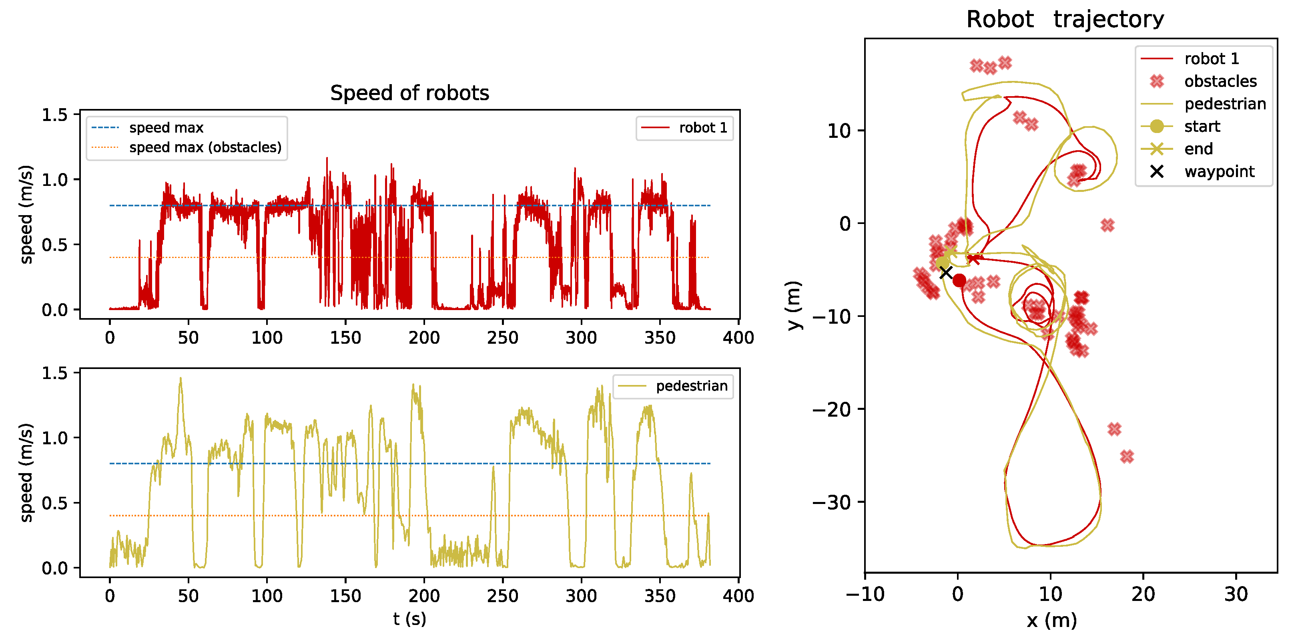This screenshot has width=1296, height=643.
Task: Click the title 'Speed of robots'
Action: point(409,93)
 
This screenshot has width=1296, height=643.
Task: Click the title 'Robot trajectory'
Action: point(1065,20)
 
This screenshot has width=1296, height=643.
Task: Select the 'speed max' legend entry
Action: point(166,128)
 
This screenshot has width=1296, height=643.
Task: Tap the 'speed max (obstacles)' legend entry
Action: point(205,147)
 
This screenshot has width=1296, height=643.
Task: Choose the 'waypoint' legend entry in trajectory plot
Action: point(1219,172)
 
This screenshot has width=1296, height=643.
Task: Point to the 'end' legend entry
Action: point(1198,149)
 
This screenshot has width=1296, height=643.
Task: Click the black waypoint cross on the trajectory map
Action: point(946,272)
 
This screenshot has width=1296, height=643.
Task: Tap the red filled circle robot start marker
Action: point(959,280)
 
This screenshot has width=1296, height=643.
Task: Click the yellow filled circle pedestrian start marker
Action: point(942,263)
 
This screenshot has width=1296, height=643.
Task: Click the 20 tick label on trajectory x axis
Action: point(1143,595)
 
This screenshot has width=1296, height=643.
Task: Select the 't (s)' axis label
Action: point(409,619)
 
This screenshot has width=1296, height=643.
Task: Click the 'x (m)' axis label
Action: point(1051,620)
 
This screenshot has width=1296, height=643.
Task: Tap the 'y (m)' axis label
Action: point(794,305)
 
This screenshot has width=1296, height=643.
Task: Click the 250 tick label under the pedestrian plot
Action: point(502,596)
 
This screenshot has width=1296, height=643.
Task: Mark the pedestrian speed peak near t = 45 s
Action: point(180,379)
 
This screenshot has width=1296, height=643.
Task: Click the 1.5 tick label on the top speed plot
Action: point(54,115)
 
